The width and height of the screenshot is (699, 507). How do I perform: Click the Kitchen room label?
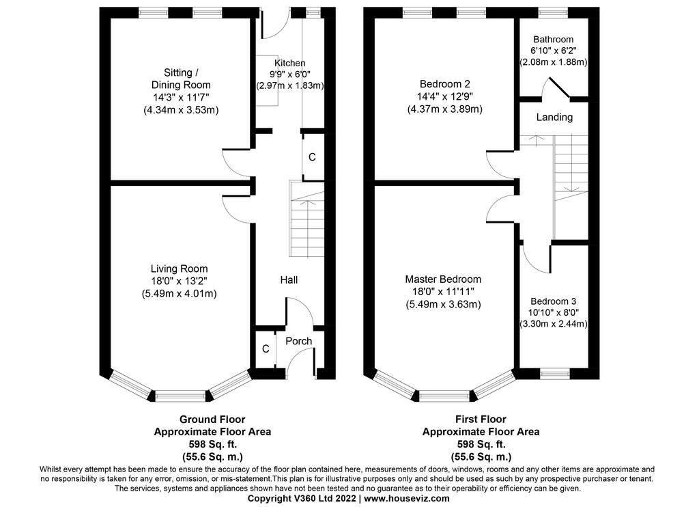(x=289, y=63)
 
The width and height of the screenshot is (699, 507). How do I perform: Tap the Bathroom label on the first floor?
(x=553, y=39)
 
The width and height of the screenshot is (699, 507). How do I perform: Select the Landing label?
(x=554, y=117)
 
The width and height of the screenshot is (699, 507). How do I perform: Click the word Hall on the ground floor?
(x=289, y=280)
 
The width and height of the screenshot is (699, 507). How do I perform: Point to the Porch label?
(x=299, y=341)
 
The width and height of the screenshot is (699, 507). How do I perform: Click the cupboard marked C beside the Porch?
(x=266, y=348)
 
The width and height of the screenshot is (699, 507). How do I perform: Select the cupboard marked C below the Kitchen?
(x=312, y=156)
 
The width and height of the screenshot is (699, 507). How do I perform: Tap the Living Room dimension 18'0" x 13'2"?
(x=180, y=281)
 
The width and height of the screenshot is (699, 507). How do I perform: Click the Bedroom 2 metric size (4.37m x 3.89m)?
(x=445, y=109)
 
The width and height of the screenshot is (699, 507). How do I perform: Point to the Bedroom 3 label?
(x=553, y=301)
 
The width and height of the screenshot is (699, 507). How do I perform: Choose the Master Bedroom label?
(x=443, y=279)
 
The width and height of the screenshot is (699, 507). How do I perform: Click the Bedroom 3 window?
(x=555, y=374)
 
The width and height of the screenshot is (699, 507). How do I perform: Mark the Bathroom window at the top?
(x=553, y=12)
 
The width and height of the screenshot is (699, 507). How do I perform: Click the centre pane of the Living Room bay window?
(x=180, y=396)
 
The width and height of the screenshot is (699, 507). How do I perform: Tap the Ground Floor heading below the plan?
(x=212, y=420)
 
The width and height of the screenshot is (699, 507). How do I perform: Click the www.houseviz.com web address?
(x=407, y=499)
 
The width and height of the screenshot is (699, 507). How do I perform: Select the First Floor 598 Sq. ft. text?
(x=481, y=445)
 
